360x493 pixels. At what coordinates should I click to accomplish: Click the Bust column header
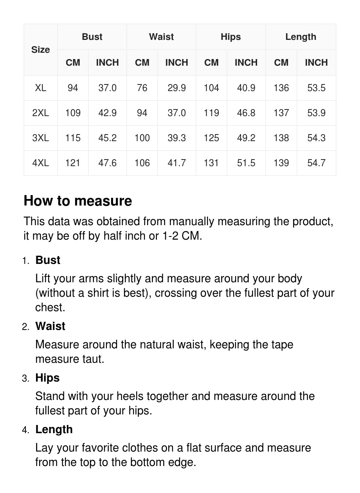pos(92,37)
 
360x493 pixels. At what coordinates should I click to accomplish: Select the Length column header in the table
pos(301,37)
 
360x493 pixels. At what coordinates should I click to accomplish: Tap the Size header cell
pos(41,50)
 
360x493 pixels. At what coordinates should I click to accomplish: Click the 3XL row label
pos(41,138)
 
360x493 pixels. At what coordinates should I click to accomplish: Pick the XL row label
pos(41,88)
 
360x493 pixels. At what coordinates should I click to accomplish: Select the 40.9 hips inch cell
pos(246,88)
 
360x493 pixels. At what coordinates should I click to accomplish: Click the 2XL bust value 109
pos(73,113)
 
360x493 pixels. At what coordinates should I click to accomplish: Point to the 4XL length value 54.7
pos(316,163)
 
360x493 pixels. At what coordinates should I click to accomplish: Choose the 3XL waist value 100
pos(142,138)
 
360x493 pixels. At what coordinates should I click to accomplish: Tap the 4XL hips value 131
pos(211,163)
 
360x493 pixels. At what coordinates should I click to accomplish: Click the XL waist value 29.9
pos(176,88)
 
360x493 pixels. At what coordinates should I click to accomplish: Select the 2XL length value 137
pos(281,113)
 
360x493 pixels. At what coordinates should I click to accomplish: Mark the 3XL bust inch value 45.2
pos(107,138)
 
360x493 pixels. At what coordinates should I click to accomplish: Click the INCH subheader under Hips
pos(246,63)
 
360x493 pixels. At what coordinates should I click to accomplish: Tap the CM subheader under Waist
pos(142,63)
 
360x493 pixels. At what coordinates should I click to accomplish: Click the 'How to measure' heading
pos(78,201)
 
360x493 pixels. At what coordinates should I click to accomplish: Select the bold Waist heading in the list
pos(50,326)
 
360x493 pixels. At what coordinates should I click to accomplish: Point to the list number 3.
pos(25,378)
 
